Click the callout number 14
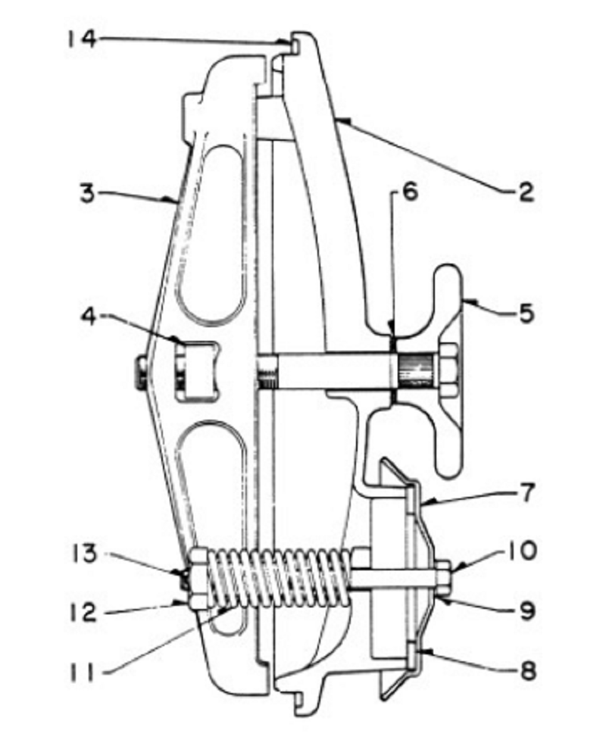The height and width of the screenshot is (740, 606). [82, 39]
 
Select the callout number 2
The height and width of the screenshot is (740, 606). [524, 192]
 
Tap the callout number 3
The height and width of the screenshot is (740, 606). [87, 193]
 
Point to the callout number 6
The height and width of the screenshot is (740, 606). [410, 192]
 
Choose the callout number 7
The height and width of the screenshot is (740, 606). [526, 492]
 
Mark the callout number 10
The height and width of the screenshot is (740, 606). [523, 551]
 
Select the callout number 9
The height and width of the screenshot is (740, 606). [527, 610]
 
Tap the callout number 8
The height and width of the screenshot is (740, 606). [528, 670]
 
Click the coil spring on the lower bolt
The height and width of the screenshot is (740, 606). [279, 578]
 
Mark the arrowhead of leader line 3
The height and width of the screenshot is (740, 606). [171, 201]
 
